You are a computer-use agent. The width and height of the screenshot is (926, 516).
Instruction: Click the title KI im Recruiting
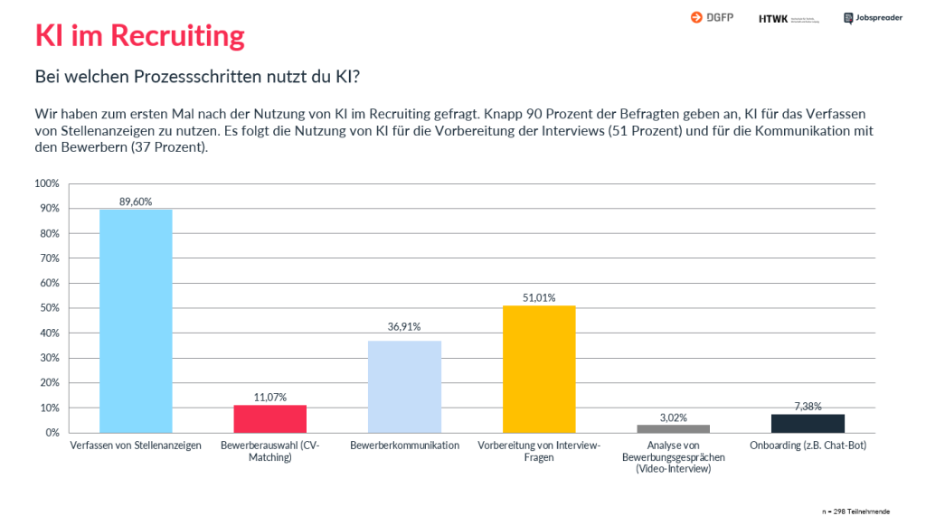(139, 35)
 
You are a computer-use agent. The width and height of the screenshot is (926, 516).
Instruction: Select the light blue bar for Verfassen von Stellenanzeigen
(136, 321)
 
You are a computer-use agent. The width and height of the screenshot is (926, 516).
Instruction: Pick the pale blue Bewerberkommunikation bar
(404, 387)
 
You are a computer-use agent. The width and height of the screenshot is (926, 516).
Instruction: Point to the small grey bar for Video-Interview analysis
(673, 428)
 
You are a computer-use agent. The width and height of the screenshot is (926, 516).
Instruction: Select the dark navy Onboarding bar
(808, 423)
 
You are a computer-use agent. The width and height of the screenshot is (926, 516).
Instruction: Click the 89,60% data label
(136, 202)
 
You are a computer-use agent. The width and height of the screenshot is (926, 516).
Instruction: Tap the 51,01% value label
(539, 297)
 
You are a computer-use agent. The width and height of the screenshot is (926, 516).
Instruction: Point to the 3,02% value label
(673, 417)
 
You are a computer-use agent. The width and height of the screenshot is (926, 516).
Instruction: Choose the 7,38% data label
(808, 407)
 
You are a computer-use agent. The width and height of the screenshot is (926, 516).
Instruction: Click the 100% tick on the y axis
(46, 183)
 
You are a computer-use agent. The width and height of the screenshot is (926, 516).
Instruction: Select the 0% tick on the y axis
(52, 433)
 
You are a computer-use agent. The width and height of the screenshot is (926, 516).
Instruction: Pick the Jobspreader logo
(873, 17)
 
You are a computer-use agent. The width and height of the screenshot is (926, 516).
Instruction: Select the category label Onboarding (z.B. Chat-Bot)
(808, 446)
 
